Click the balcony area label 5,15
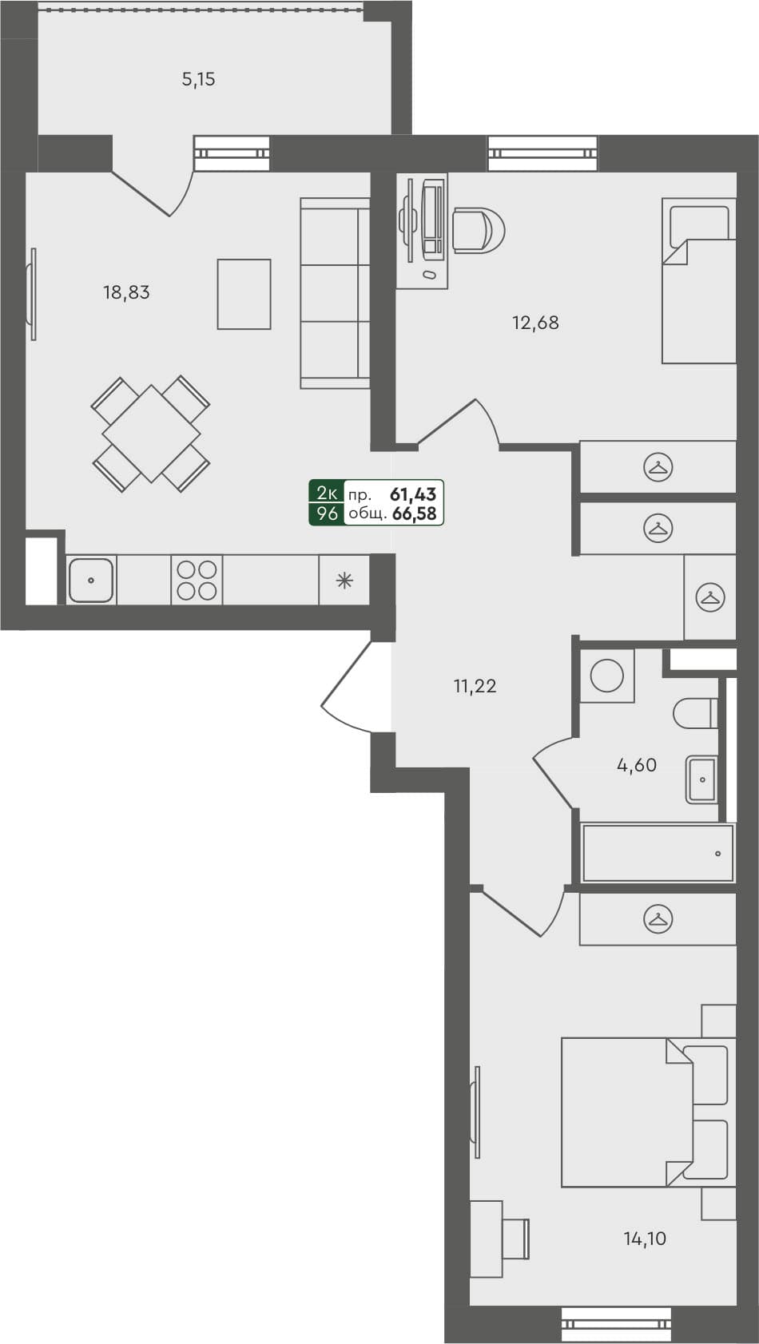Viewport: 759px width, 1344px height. [199, 79]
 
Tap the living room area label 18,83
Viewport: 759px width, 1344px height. [126, 292]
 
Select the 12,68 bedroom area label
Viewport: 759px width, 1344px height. [535, 323]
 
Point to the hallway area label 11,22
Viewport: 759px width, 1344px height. [475, 686]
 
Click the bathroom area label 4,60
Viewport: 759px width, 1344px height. [637, 765]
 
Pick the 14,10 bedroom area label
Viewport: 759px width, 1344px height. [645, 1239]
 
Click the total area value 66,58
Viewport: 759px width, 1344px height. [415, 513]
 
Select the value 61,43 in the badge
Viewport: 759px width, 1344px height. [413, 494]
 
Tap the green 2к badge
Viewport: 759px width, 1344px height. [327, 493]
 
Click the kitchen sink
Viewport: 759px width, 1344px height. [91, 581]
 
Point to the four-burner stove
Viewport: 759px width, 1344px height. [197, 581]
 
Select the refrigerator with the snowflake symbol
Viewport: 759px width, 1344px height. [344, 581]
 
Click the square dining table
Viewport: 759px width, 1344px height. [151, 434]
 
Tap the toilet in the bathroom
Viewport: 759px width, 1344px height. [695, 713]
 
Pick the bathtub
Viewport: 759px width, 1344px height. [658, 853]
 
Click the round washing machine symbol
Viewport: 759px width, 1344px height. [606, 676]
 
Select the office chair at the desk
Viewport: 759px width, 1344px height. [478, 230]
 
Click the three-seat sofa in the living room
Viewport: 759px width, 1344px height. [335, 293]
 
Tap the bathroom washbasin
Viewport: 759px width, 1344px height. [701, 779]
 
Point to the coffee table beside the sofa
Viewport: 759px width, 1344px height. [244, 294]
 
